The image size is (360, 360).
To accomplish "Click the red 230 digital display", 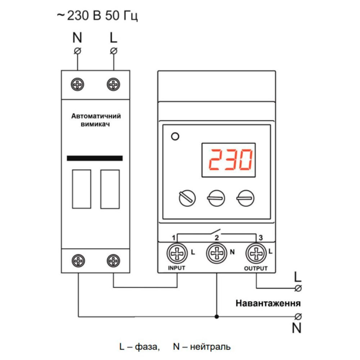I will [229, 161].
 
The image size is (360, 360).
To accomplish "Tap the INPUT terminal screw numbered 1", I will [176, 254].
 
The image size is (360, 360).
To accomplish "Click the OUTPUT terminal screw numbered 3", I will [256, 254].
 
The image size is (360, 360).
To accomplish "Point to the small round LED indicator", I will [175, 136].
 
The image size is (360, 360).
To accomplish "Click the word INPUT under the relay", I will [176, 268].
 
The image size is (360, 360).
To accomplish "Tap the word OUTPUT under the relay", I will [256, 269].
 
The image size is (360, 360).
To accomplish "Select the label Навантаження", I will [268, 303].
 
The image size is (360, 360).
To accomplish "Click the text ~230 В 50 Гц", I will [97, 16].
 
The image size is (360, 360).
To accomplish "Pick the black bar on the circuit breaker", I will [95, 158].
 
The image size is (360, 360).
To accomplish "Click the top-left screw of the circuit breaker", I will [77, 85].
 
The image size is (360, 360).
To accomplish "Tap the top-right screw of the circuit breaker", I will [113, 85].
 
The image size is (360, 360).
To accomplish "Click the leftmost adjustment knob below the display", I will [187, 198].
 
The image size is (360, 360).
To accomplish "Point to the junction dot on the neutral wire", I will [216, 317].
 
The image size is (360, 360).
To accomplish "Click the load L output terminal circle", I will [298, 288].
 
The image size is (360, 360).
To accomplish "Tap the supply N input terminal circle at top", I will [77, 50].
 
